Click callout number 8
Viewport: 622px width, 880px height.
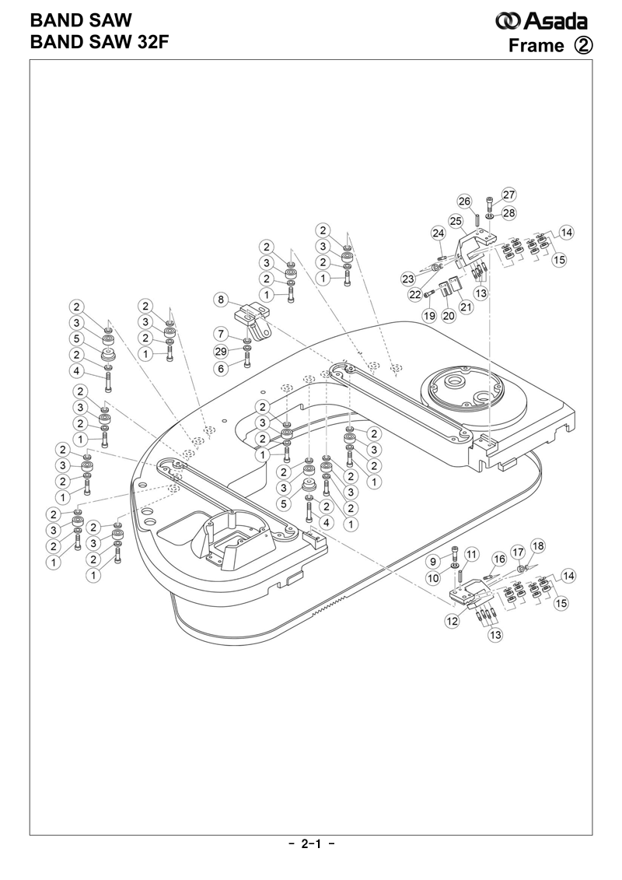[222, 299]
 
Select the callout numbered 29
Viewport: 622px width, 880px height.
[222, 351]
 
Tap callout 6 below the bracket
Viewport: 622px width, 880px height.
[222, 368]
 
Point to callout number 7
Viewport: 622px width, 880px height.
[222, 334]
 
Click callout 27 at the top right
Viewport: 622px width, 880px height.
[509, 195]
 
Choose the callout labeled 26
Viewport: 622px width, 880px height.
[464, 202]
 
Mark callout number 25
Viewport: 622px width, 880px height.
[456, 220]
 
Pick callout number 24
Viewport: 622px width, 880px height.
[438, 233]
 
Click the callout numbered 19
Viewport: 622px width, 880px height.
[428, 315]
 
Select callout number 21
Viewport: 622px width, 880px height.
[466, 307]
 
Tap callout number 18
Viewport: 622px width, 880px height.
[538, 545]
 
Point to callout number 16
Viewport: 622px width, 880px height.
[499, 559]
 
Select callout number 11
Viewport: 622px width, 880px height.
[470, 553]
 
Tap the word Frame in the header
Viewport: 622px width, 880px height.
[536, 45]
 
